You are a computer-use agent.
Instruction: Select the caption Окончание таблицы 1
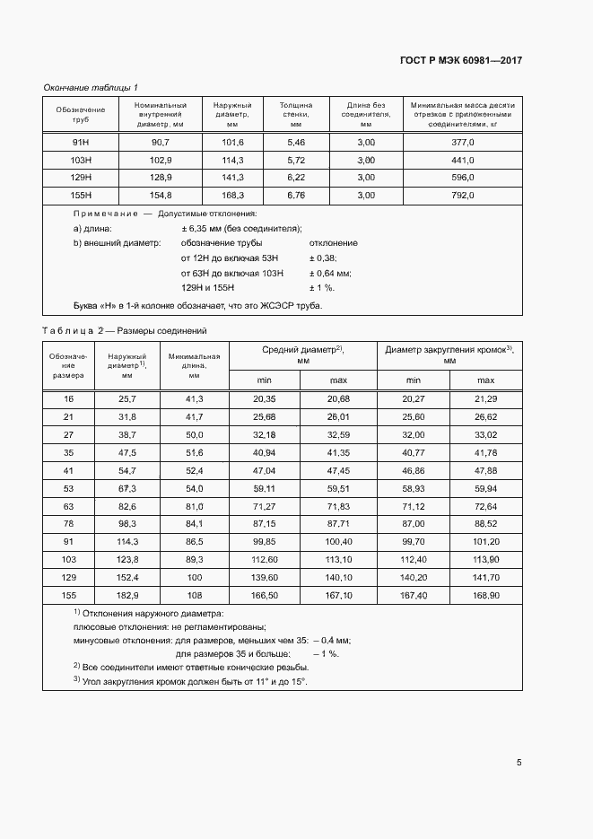(91, 87)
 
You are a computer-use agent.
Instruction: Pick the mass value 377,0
(462, 143)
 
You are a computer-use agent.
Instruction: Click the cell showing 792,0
(462, 195)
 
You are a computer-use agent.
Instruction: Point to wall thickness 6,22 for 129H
(296, 178)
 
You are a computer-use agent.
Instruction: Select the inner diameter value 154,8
(161, 195)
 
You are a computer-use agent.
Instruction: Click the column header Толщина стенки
(296, 114)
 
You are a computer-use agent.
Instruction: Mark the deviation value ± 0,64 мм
(330, 273)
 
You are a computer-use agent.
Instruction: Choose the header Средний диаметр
(303, 354)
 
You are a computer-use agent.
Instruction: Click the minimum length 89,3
(195, 560)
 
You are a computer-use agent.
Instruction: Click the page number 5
(519, 763)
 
